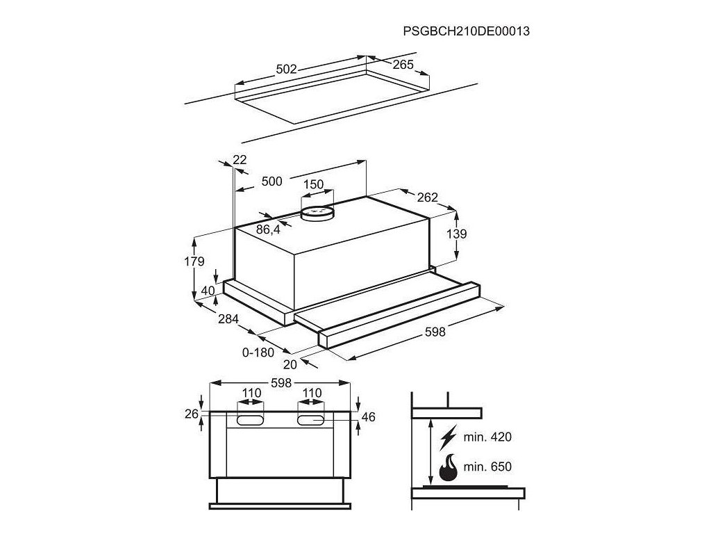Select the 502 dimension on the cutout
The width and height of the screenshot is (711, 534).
tap(286, 69)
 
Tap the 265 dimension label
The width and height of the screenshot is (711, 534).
tap(402, 65)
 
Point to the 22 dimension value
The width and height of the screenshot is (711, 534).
tap(240, 159)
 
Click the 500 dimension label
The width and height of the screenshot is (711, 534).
tap(271, 181)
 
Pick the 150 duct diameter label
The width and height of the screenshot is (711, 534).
tap(314, 184)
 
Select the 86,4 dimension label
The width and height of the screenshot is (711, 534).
tap(268, 229)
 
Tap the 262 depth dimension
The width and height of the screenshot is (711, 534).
tap(427, 197)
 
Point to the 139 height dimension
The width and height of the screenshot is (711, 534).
tap(456, 234)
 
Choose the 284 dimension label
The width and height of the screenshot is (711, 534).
tap(228, 319)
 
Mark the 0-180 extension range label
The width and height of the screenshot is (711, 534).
tap(258, 353)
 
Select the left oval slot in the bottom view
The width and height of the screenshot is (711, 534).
tap(251, 420)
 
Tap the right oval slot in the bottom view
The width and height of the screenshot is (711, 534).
tap(312, 420)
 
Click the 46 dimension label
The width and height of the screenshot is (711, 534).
tap(369, 417)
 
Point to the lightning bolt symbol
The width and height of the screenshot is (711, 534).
tap(449, 437)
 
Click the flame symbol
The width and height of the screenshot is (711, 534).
tap(449, 467)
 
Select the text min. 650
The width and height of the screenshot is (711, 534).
tap(488, 467)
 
